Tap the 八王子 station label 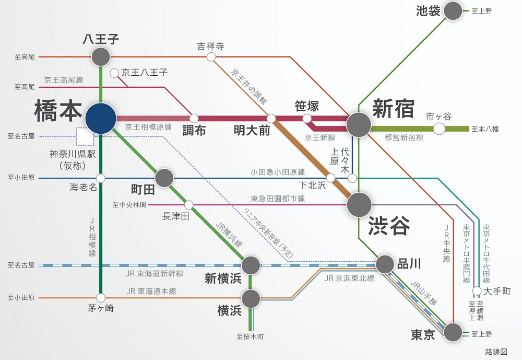101,39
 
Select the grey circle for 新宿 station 359,125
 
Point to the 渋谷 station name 388,226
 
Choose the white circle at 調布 194,118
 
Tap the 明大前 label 252,131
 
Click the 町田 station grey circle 164,178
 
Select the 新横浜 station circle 251,265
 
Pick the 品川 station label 409,263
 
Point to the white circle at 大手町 477,291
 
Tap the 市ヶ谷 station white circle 439,129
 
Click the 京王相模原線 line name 149,127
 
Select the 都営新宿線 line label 404,137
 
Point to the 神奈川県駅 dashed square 85,136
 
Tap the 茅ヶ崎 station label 101,308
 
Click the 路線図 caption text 496,352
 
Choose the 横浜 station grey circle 251,298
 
